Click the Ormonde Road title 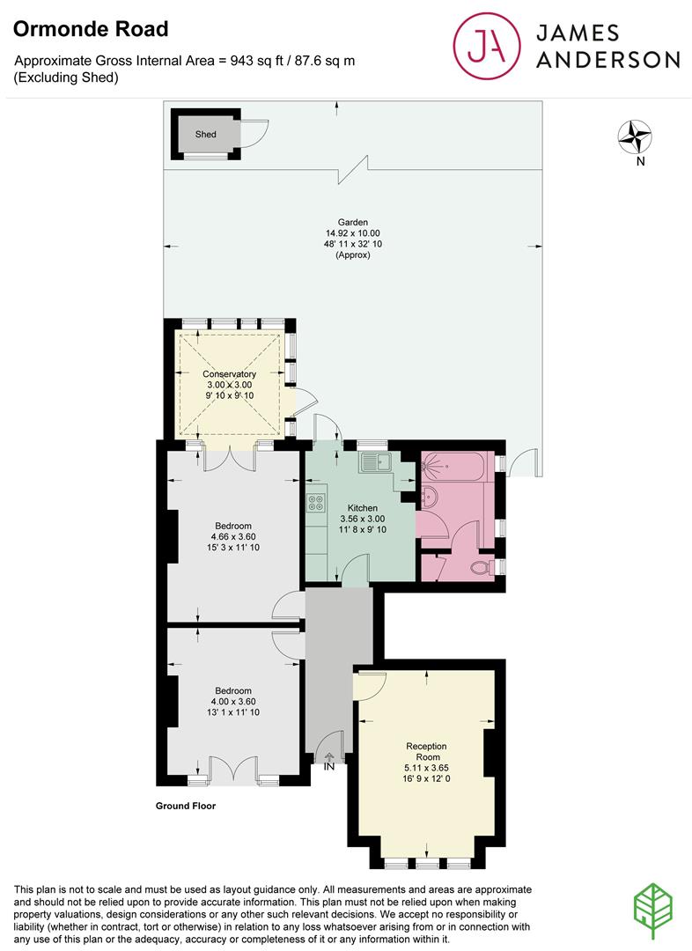tap(91, 28)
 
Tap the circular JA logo tap(487, 46)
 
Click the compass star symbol tap(635, 136)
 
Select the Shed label tap(206, 134)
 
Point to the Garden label tap(353, 222)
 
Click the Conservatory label tap(229, 374)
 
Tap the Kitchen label tap(363, 508)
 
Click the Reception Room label tap(427, 751)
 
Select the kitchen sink tap(375, 463)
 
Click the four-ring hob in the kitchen tap(316, 503)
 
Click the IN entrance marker tap(329, 767)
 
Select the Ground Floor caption tap(186, 806)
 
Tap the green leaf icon tap(653, 911)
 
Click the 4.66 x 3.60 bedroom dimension tap(233, 537)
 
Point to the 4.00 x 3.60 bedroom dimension tap(233, 702)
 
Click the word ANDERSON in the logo tap(607, 60)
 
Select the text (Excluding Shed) tap(66, 77)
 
